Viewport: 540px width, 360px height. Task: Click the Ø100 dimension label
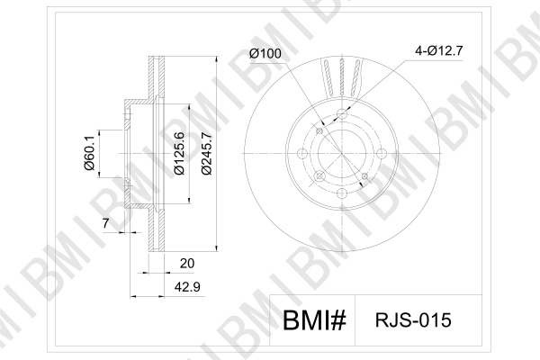click(x=265, y=53)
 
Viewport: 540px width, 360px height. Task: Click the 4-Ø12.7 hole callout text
click(x=439, y=50)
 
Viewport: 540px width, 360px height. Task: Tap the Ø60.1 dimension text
click(x=89, y=153)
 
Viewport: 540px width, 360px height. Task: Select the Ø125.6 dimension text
click(x=179, y=153)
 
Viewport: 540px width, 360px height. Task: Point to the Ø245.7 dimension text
click(x=206, y=153)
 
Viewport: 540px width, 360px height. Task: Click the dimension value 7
click(x=105, y=223)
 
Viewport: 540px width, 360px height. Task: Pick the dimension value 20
click(x=187, y=264)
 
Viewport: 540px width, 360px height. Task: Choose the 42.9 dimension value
click(x=187, y=286)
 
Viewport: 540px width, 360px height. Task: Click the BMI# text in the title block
click(x=314, y=320)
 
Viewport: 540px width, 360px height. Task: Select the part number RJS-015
click(x=413, y=320)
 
